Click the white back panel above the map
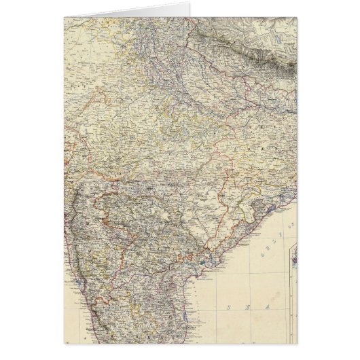(x=170, y=7)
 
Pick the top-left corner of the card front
(x=63, y=16)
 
